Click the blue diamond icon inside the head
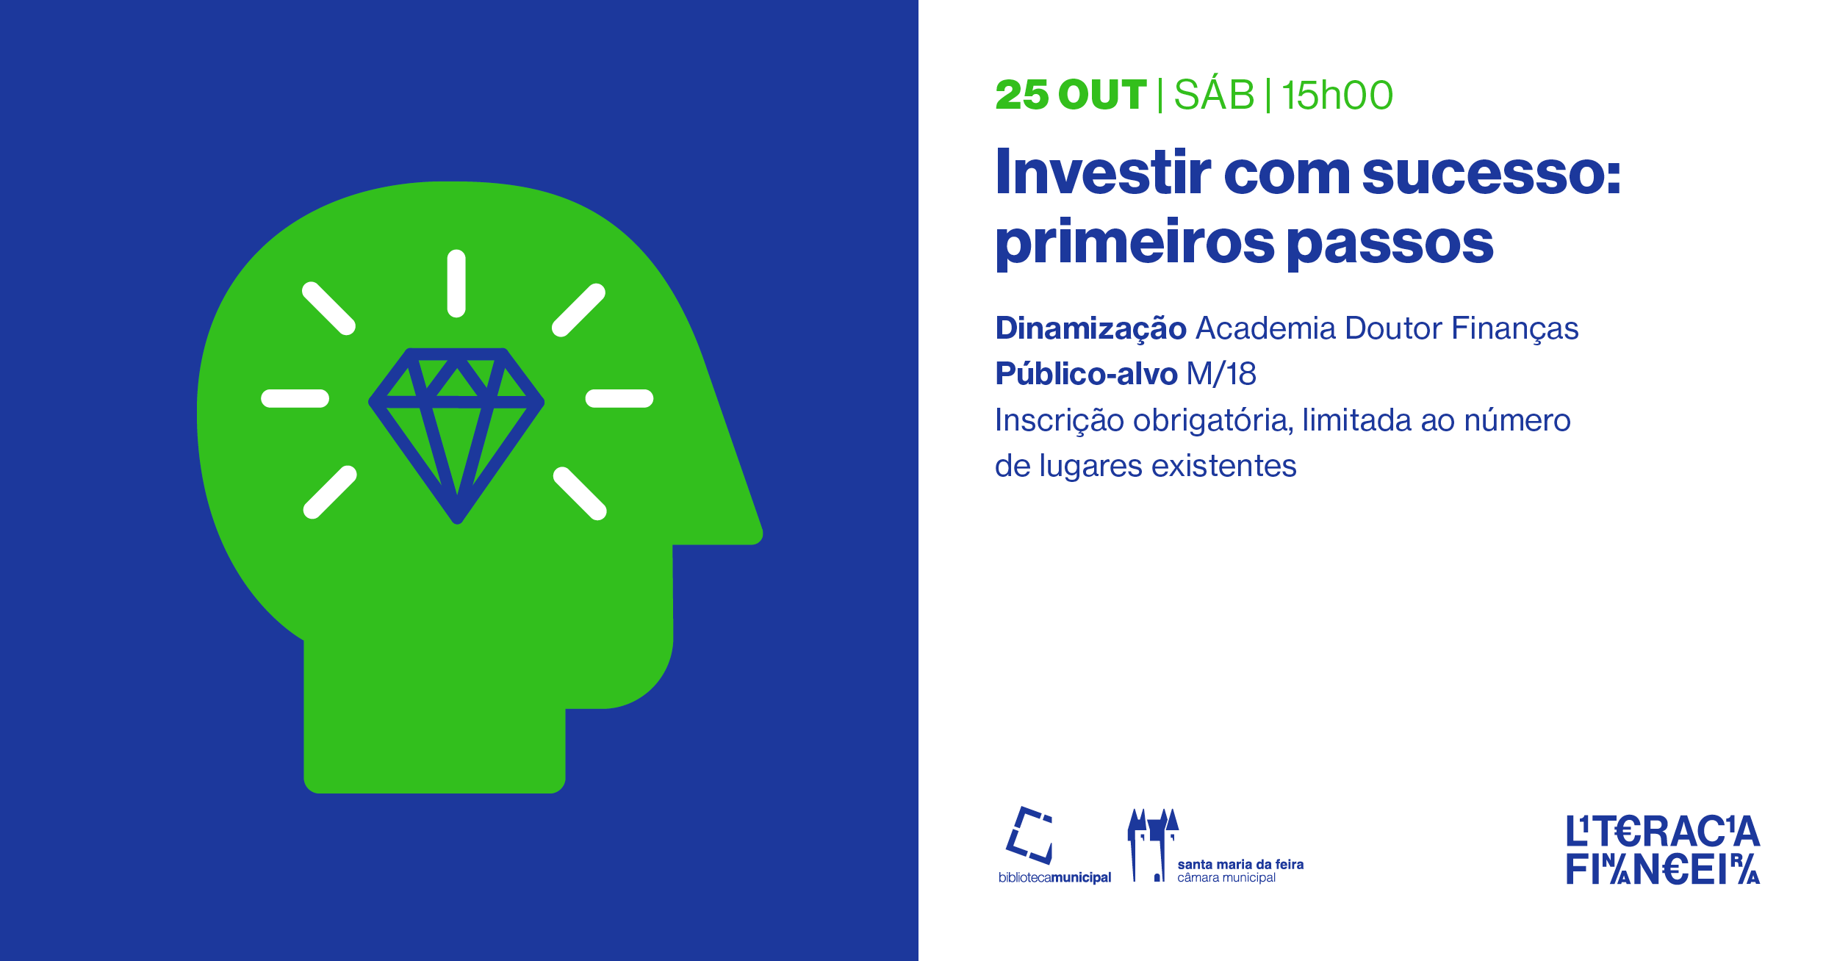pos(456,436)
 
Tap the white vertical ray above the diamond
pos(456,284)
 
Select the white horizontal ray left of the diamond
pos(295,398)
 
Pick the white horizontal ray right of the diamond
pos(619,398)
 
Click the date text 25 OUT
pos(1071,95)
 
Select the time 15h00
pos(1337,95)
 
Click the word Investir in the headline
pos(1103,173)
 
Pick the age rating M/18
pos(1221,374)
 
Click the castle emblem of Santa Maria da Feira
pos(1152,845)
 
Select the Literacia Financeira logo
pos(1663,850)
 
